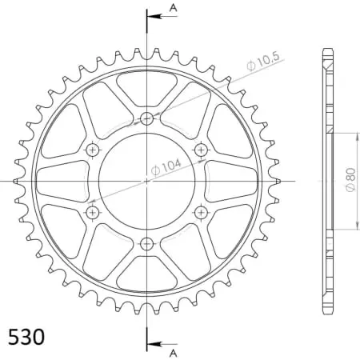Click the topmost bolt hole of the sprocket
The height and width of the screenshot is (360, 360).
[x=146, y=119]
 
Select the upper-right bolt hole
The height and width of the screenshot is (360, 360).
[x=200, y=150]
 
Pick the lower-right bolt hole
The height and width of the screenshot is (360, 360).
[x=200, y=212]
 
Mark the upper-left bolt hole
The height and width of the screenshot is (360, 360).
[x=93, y=150]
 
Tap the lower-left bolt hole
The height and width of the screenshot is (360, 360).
[x=93, y=212]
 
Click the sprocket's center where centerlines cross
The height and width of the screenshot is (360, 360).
[x=146, y=181]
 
